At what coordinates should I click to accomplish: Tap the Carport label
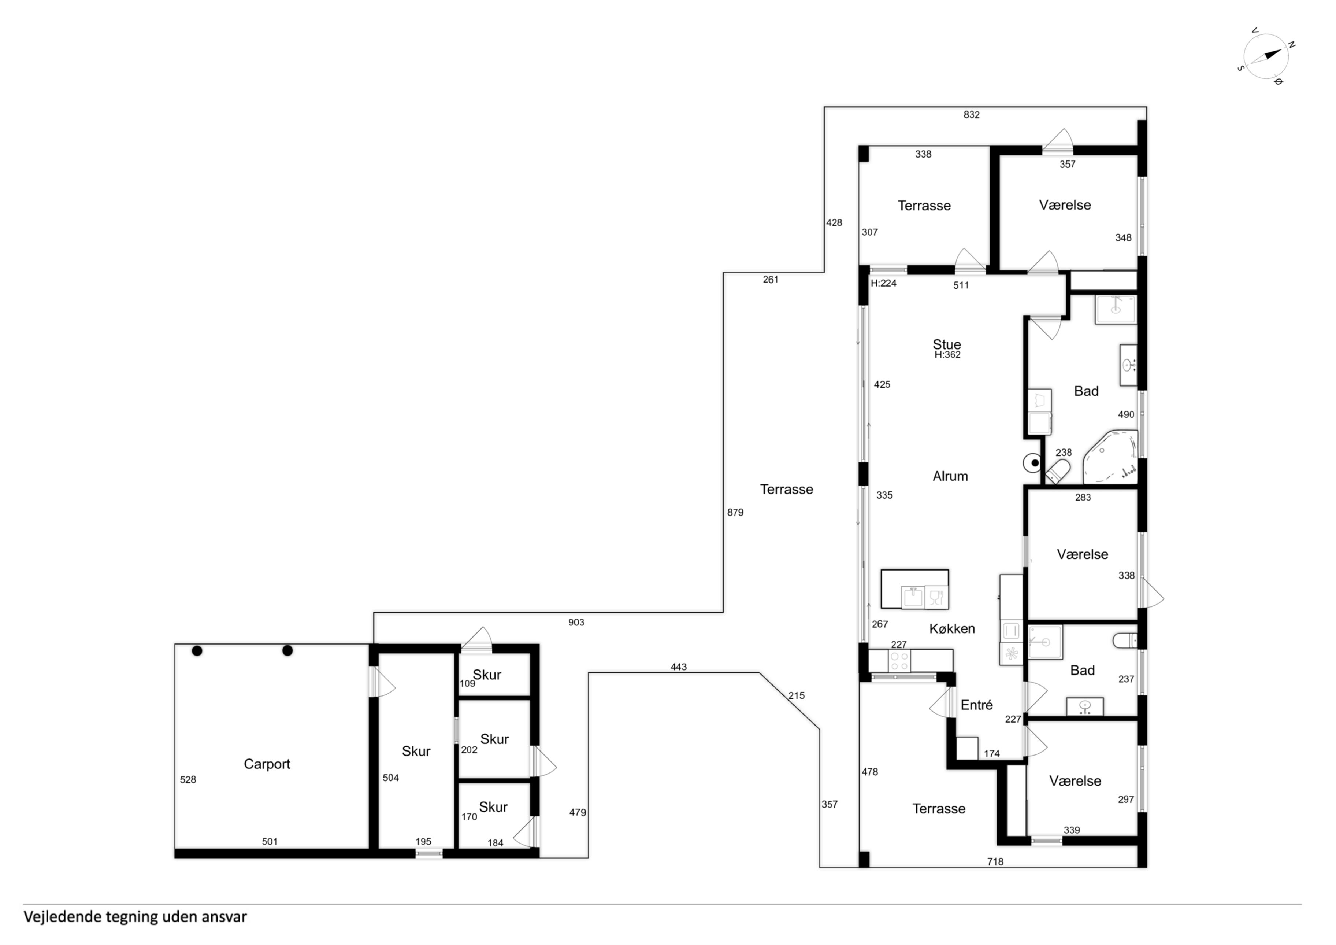point(267,764)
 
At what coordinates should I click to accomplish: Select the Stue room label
point(947,344)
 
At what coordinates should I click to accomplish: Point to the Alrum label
point(950,476)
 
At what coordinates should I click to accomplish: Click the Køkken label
point(952,629)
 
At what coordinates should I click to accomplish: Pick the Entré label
point(976,705)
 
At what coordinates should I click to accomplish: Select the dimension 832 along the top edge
point(971,115)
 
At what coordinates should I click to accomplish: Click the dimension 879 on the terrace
point(735,512)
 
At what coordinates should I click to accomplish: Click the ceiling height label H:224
point(883,284)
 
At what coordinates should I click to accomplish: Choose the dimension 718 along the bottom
point(995,862)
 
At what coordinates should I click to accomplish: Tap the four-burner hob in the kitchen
point(899,661)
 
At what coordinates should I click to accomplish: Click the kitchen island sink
point(912,597)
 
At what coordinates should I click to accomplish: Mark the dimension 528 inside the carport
point(188,780)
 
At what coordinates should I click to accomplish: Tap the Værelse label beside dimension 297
point(1075,781)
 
